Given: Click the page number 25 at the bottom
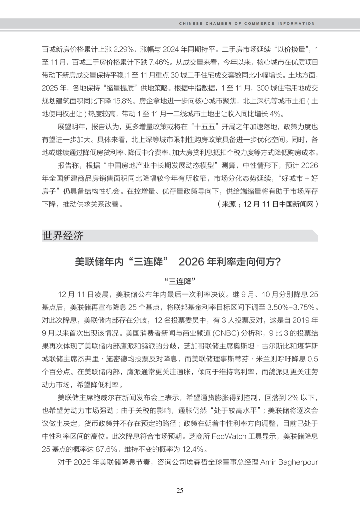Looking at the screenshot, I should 180,490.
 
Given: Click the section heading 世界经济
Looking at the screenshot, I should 63,236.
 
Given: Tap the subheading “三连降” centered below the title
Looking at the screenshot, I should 180,281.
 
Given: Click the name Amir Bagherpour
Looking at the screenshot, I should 289,462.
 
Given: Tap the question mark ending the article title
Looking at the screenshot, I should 278,262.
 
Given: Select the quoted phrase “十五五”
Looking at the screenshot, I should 205,127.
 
